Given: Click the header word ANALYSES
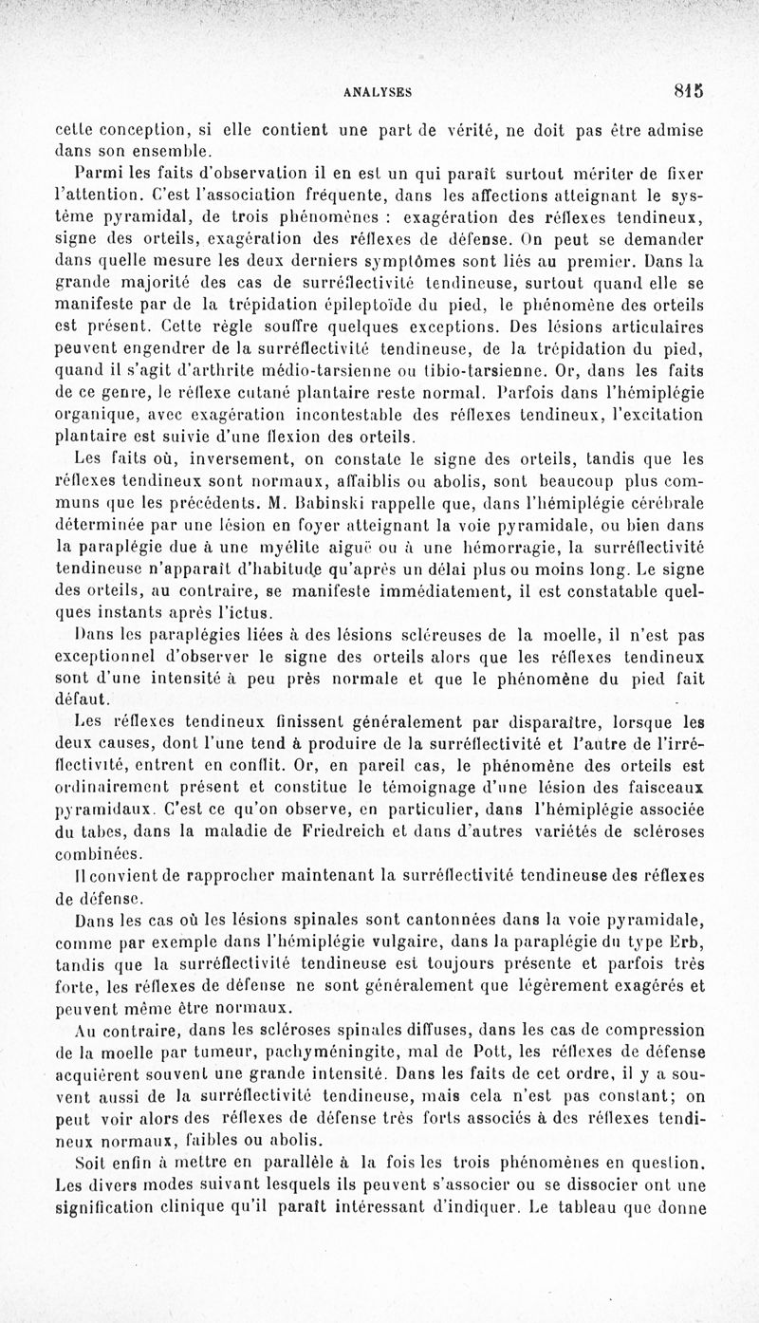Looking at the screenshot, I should pos(378,92).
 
